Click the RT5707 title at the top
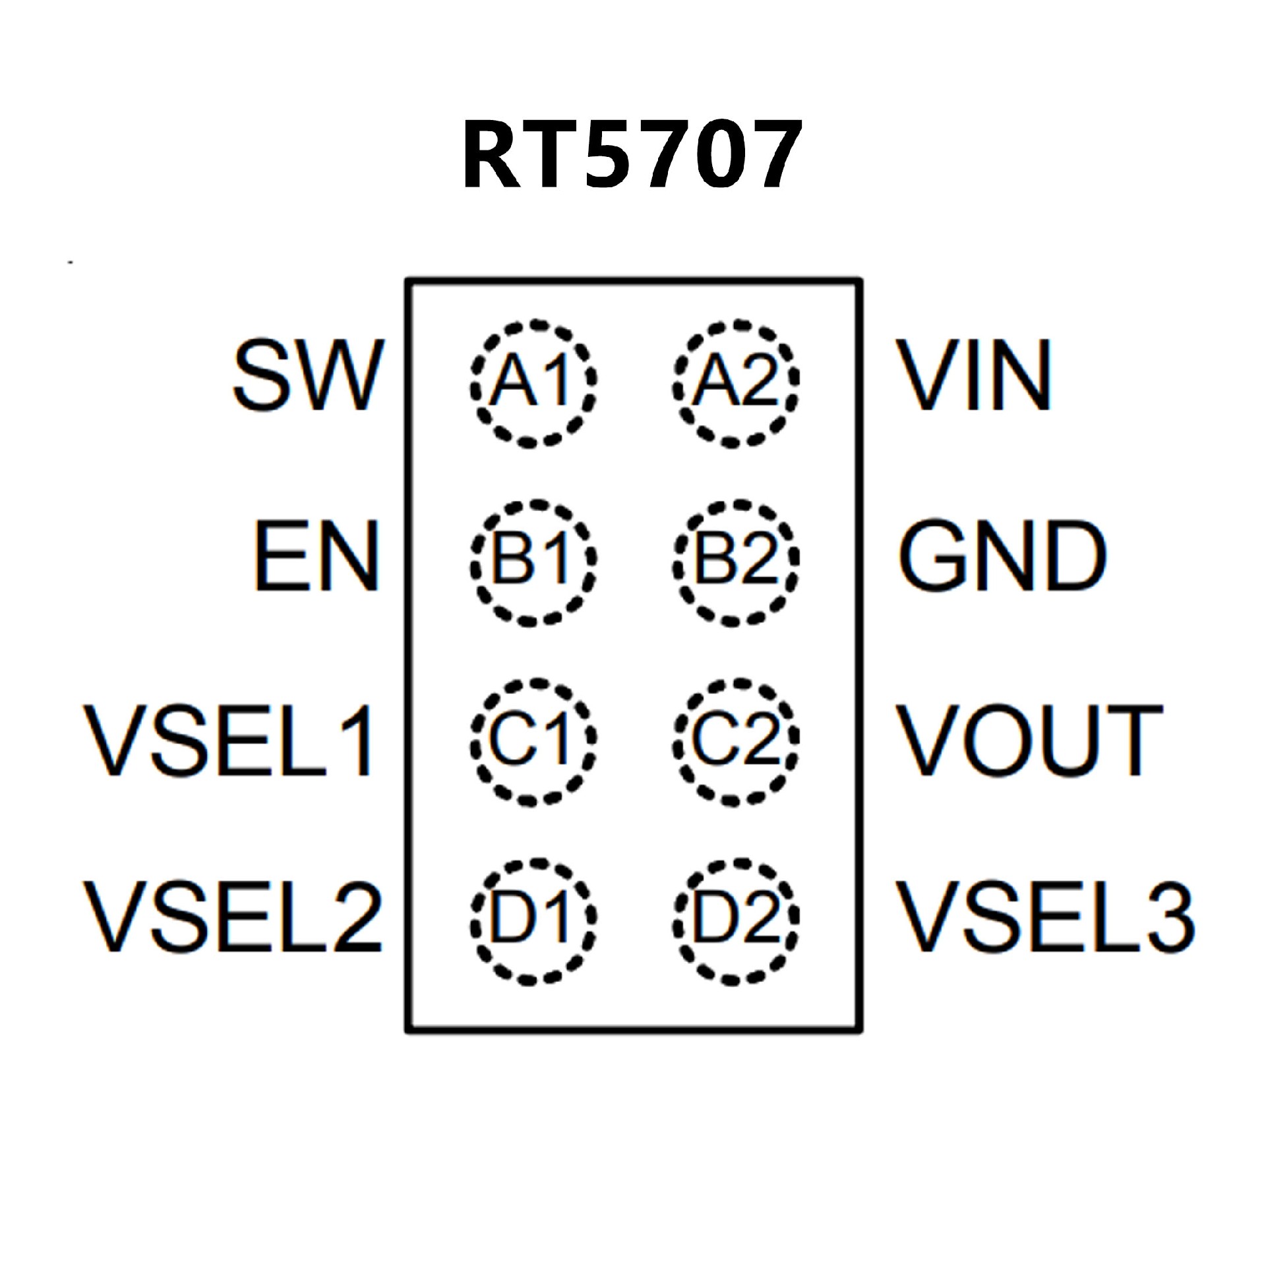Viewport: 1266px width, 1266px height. tap(632, 154)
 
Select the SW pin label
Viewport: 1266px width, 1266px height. tap(308, 375)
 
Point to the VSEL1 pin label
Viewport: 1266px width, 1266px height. tap(229, 740)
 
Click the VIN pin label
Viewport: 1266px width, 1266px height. tap(973, 375)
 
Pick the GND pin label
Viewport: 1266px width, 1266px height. tap(1002, 555)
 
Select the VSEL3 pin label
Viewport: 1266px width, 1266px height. tap(1045, 917)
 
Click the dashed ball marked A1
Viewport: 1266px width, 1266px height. tap(533, 384)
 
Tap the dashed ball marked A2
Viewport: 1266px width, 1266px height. tap(736, 384)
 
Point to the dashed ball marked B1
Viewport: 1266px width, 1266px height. tap(533, 562)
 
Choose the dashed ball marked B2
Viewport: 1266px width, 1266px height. tap(736, 562)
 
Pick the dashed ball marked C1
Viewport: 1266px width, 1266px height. tap(533, 742)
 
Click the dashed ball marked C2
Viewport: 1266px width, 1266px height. tap(736, 742)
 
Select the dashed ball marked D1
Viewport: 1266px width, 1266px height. tap(533, 920)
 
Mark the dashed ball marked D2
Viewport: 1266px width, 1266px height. tap(736, 920)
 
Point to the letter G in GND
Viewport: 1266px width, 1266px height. tap(930, 555)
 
